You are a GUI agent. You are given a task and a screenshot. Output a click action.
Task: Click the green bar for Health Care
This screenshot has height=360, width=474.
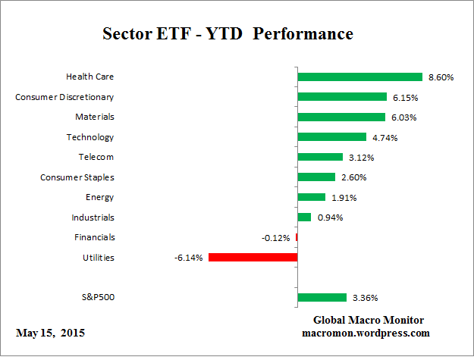[x=359, y=77]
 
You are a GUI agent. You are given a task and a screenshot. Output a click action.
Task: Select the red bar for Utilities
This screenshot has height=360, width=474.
[x=252, y=258]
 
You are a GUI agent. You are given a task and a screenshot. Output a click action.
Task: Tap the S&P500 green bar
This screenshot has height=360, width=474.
[x=322, y=298]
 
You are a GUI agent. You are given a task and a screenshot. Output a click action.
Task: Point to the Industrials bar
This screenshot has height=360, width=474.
[x=304, y=218]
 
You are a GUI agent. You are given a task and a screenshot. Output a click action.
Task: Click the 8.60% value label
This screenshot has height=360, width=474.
[x=441, y=77]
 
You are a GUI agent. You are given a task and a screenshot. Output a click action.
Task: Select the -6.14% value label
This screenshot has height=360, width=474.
[x=189, y=258]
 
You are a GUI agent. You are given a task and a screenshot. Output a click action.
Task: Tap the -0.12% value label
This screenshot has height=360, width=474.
[x=276, y=238]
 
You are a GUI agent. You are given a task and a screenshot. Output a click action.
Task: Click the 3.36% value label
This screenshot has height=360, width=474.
[x=366, y=298]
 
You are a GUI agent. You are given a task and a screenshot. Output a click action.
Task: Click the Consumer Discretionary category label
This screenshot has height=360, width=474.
[x=64, y=97]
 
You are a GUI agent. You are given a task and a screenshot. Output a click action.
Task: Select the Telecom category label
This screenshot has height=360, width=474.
[x=96, y=157]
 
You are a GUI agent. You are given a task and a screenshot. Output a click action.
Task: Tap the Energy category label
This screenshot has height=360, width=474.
[x=99, y=197]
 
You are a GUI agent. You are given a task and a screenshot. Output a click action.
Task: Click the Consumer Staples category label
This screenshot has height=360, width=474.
[x=77, y=177]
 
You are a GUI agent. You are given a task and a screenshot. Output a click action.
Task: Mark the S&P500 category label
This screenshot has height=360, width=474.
[x=97, y=297]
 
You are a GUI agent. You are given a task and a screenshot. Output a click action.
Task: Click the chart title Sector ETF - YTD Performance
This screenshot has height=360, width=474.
[x=228, y=35]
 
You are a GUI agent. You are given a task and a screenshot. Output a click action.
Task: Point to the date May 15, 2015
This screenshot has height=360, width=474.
[x=51, y=333]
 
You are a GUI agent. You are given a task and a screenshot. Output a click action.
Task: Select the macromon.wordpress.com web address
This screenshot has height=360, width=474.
[x=366, y=333]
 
